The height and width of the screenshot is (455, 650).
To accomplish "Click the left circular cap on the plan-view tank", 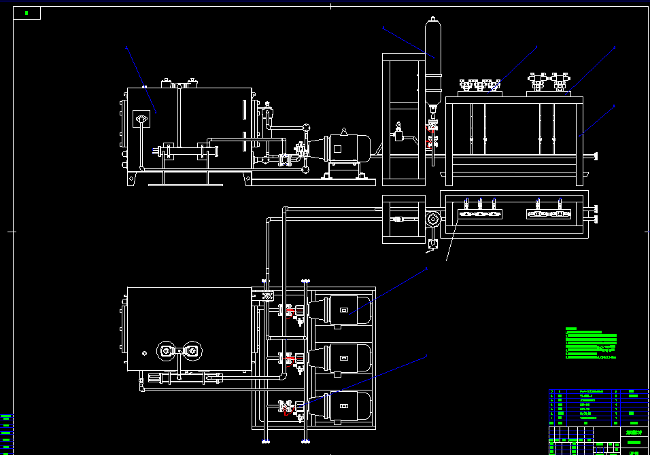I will point(167,351).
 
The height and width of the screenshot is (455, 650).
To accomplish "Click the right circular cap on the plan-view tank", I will point(193,351).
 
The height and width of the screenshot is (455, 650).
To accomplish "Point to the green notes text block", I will point(591,343).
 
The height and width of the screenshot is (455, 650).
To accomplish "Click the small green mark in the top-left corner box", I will point(27,13).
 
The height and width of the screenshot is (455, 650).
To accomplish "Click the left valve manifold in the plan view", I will point(480,214).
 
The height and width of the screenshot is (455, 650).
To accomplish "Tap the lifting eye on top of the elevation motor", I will point(345,131).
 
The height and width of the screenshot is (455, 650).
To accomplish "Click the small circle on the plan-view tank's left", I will point(143,353).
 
